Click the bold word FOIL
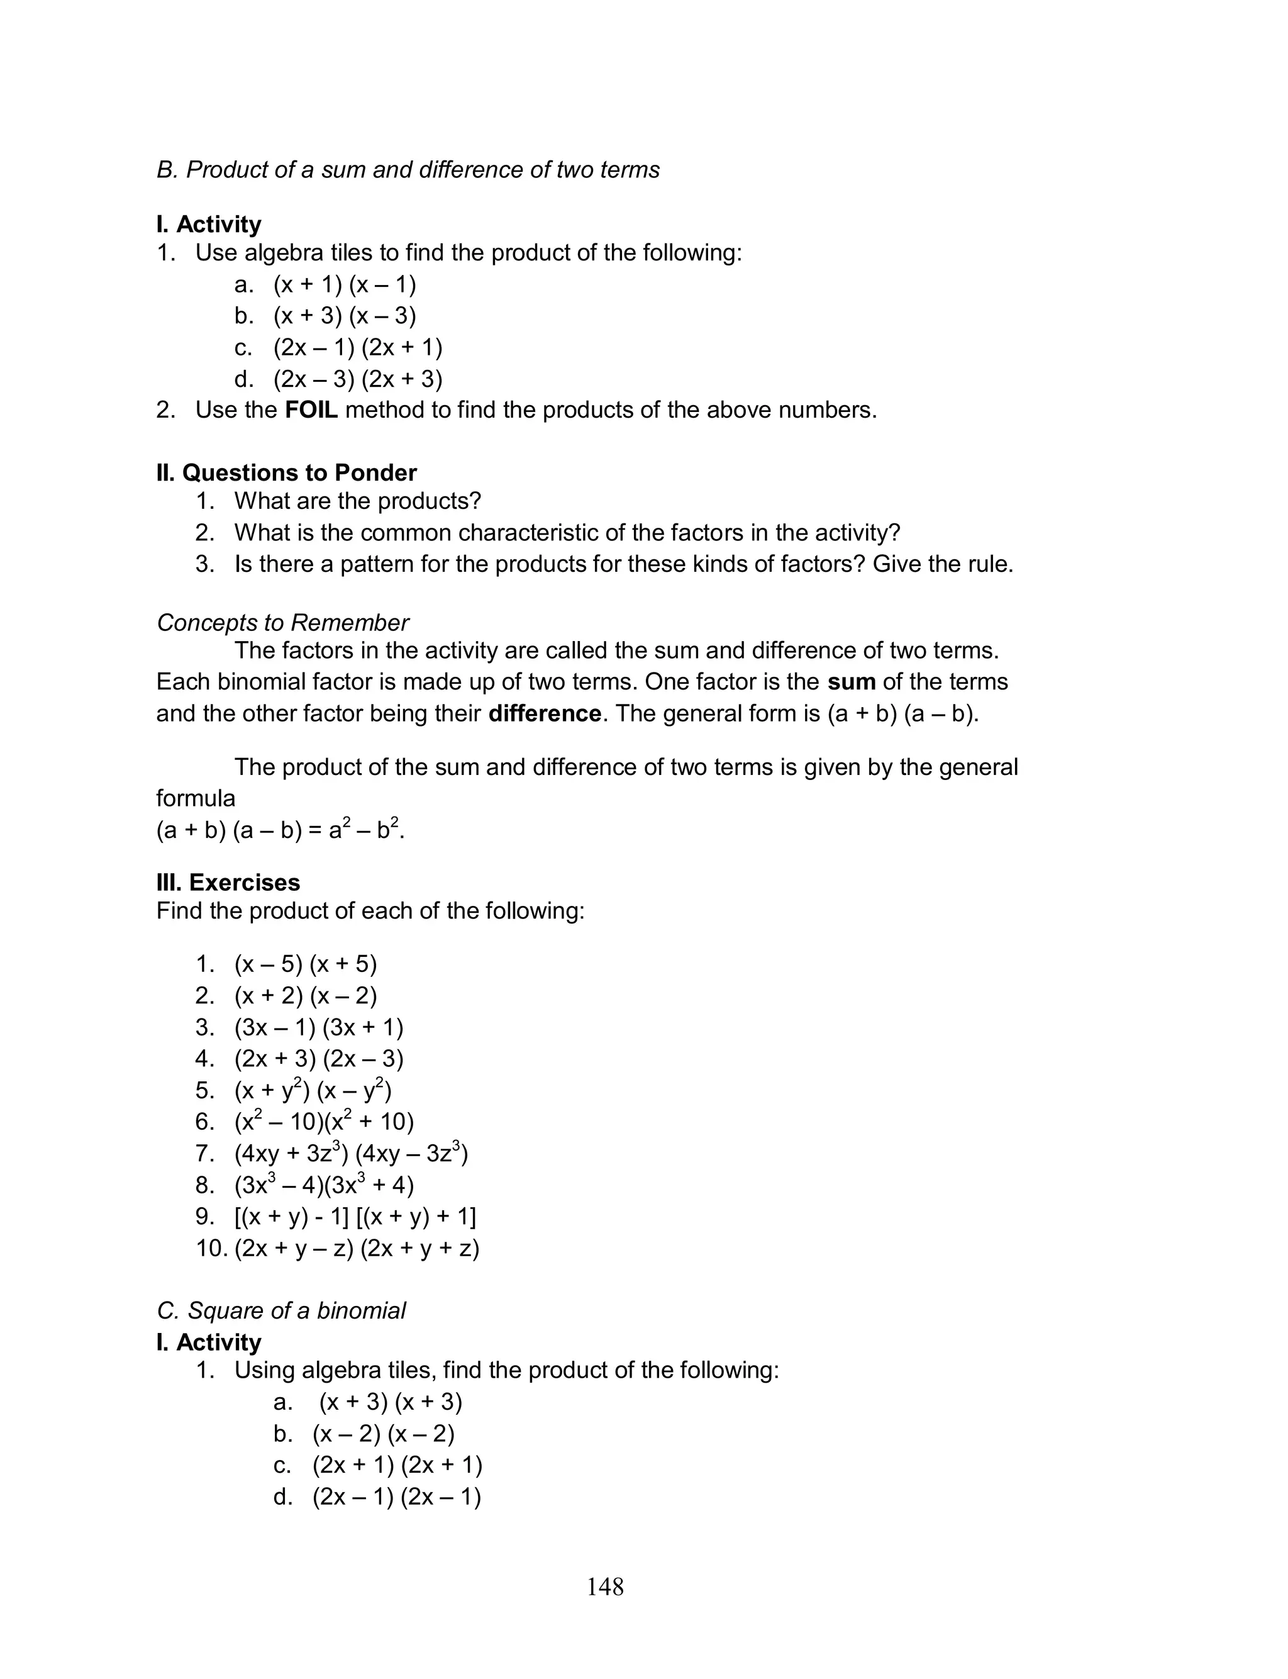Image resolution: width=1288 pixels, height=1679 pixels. [x=311, y=410]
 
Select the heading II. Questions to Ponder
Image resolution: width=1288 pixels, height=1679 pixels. [x=286, y=473]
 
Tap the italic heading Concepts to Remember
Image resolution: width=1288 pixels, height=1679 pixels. [x=282, y=623]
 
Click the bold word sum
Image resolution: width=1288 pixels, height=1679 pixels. [x=851, y=681]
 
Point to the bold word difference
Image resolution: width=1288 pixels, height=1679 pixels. [x=545, y=714]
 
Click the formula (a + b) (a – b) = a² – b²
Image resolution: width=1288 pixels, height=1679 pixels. [x=280, y=830]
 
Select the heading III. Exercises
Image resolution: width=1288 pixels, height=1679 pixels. [x=228, y=883]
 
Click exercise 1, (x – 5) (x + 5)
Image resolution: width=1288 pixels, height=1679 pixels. [x=305, y=964]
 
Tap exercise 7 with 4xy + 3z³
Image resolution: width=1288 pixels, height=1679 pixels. [x=350, y=1154]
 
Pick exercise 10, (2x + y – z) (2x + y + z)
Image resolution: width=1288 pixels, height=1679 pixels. [x=357, y=1248]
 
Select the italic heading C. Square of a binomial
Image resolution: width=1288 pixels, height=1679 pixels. [x=280, y=1311]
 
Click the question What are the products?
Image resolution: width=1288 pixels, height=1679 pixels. [x=357, y=501]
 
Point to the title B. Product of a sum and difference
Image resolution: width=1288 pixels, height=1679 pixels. [x=408, y=169]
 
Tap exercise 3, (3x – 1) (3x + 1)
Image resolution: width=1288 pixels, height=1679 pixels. [x=318, y=1027]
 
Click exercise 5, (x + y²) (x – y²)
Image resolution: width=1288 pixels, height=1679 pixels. [x=313, y=1090]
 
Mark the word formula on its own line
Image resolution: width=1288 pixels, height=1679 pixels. [x=196, y=799]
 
